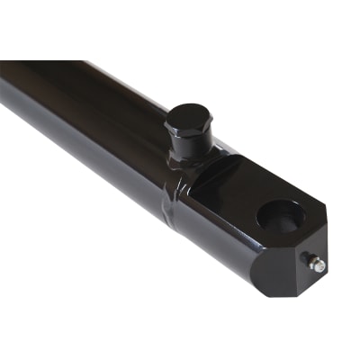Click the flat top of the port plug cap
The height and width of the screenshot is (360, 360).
[188, 117]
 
